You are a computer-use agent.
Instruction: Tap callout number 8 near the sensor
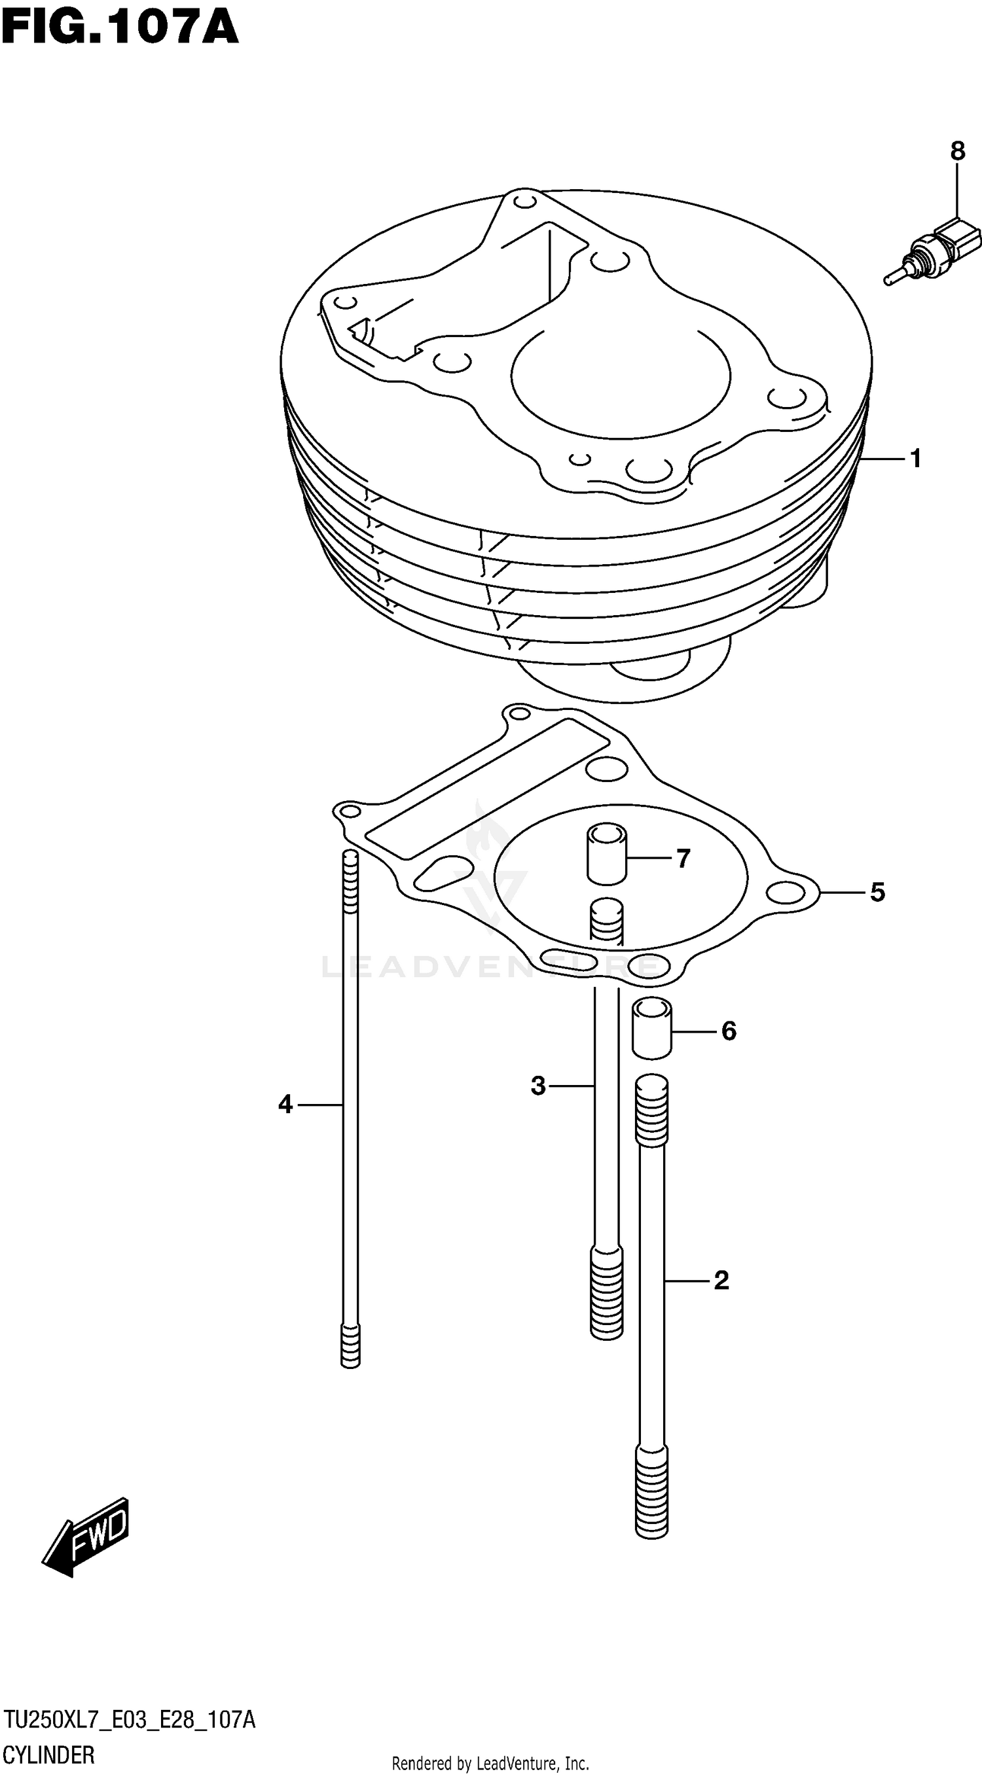click(x=957, y=151)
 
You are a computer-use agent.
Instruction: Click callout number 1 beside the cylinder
click(x=916, y=459)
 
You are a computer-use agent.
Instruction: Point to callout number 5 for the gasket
click(x=877, y=892)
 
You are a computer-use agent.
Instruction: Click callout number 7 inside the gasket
click(x=683, y=859)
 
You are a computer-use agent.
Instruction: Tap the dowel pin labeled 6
click(x=651, y=1030)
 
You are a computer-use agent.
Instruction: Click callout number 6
click(x=729, y=1031)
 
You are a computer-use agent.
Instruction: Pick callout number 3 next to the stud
click(x=538, y=1086)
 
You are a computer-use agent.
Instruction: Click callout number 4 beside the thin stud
click(x=285, y=1105)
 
